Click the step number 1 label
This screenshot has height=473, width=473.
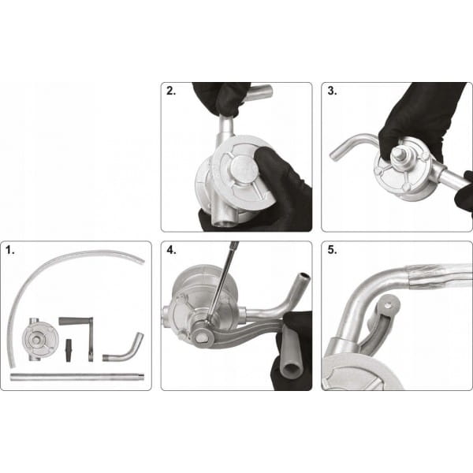click(9, 250)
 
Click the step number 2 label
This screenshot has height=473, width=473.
click(171, 91)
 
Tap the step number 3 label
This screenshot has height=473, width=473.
click(332, 91)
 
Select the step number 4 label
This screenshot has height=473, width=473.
click(171, 250)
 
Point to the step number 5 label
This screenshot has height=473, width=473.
click(332, 250)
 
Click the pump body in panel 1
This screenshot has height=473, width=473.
click(39, 339)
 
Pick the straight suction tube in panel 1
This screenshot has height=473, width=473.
click(77, 377)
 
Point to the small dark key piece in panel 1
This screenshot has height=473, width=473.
click(69, 350)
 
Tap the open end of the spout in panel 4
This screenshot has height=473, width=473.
click(303, 276)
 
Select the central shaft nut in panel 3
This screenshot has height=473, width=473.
click(399, 153)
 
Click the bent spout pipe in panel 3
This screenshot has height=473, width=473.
click(353, 145)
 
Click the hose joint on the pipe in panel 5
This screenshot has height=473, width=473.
click(415, 276)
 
